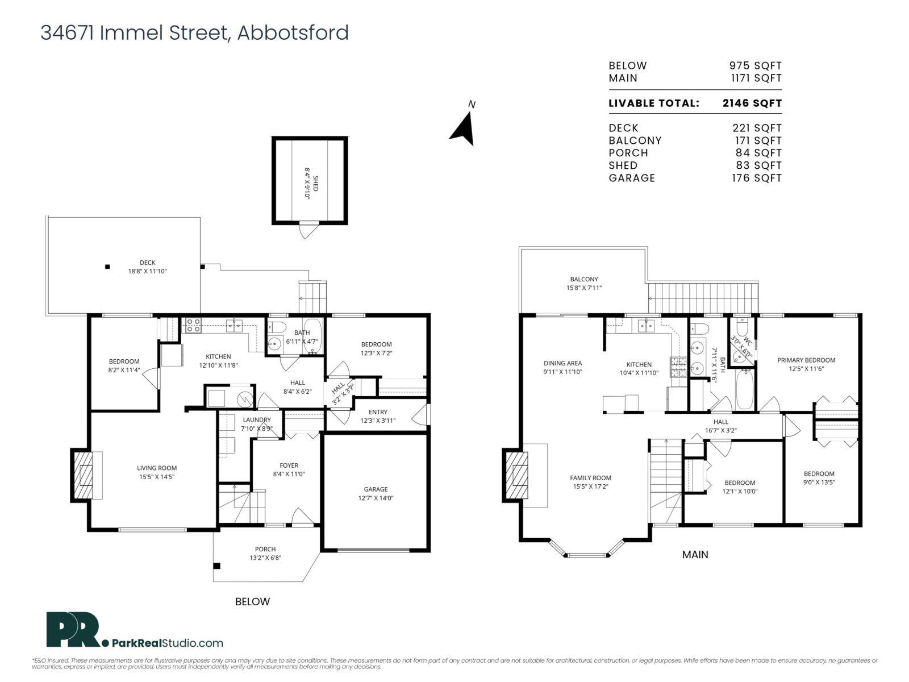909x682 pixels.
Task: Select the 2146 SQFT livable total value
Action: [752, 103]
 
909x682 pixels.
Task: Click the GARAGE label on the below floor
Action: [376, 489]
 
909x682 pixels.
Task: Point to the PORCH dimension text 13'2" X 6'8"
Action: [265, 558]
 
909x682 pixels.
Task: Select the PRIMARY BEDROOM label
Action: [806, 360]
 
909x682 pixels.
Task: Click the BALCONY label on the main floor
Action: [583, 279]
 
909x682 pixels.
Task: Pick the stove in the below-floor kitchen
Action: [193, 325]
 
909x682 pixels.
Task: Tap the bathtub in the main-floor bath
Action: [744, 389]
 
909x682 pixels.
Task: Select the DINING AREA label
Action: [562, 363]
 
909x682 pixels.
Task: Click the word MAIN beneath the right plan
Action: [695, 554]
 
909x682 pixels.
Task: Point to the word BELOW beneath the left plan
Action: [252, 601]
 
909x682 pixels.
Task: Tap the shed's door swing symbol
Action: [307, 231]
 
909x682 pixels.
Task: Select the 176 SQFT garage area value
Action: [756, 178]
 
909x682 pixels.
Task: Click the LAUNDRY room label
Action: [256, 419]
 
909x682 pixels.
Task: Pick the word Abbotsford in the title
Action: [293, 32]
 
